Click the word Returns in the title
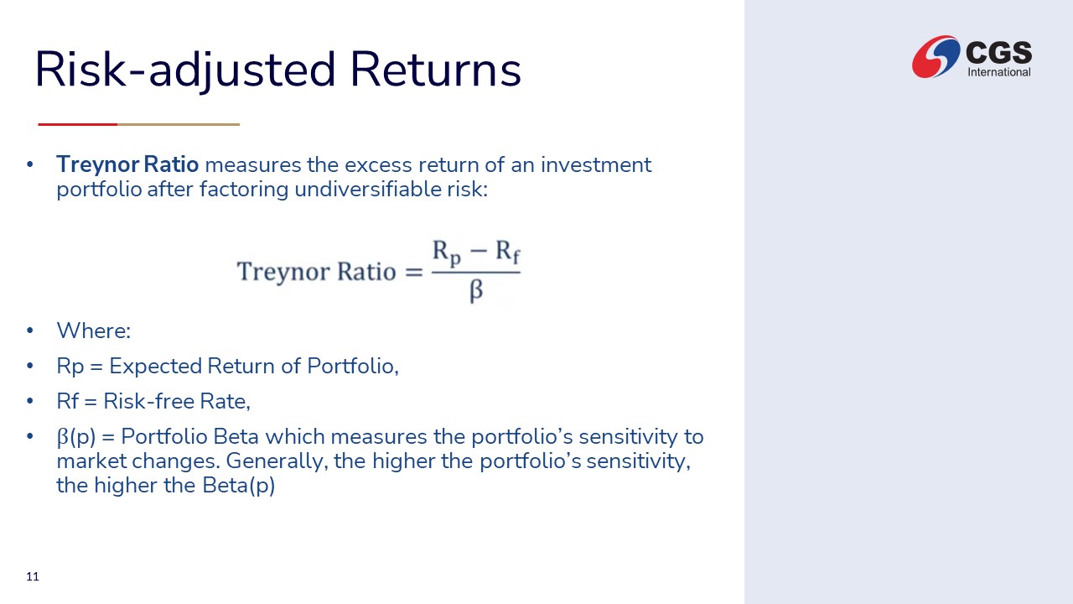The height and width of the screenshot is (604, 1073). (435, 70)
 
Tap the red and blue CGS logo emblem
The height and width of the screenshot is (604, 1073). (936, 56)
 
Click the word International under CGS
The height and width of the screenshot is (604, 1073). (999, 72)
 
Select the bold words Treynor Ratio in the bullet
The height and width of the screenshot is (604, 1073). (127, 164)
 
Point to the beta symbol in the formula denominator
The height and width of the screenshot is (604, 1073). (476, 290)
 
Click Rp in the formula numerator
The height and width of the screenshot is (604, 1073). (447, 253)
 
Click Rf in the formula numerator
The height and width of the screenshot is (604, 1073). (507, 252)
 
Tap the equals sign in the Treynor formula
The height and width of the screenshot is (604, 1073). (414, 273)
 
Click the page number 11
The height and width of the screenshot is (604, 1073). (33, 576)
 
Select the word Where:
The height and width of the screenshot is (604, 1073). (94, 331)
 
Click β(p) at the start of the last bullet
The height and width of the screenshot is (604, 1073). (76, 437)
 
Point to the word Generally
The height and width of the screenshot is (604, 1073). (277, 461)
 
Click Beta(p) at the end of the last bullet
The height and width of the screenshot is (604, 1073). (239, 486)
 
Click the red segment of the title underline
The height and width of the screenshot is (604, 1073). (78, 125)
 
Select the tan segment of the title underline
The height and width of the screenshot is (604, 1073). (179, 125)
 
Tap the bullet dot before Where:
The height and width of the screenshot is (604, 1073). (30, 331)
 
